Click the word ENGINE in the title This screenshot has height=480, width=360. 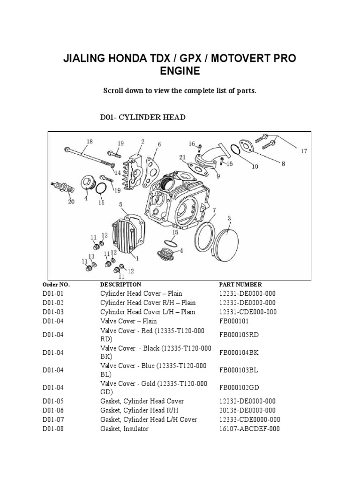pyautogui.click(x=180, y=71)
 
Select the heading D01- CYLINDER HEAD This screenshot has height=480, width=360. pyautogui.click(x=143, y=117)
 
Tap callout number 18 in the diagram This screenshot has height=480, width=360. pyautogui.click(x=90, y=142)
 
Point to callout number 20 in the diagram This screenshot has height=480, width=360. pyautogui.click(x=71, y=202)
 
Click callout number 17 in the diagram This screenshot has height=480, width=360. pyautogui.click(x=304, y=151)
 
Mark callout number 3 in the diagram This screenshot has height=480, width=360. pyautogui.click(x=230, y=218)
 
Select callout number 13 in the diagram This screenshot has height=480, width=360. pyautogui.click(x=91, y=256)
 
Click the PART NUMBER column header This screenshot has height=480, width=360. pyautogui.click(x=240, y=285)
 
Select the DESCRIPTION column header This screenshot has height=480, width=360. pyautogui.click(x=120, y=285)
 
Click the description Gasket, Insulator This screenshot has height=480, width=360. pyautogui.click(x=124, y=429)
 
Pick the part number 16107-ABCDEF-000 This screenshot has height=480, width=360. pyautogui.click(x=249, y=429)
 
